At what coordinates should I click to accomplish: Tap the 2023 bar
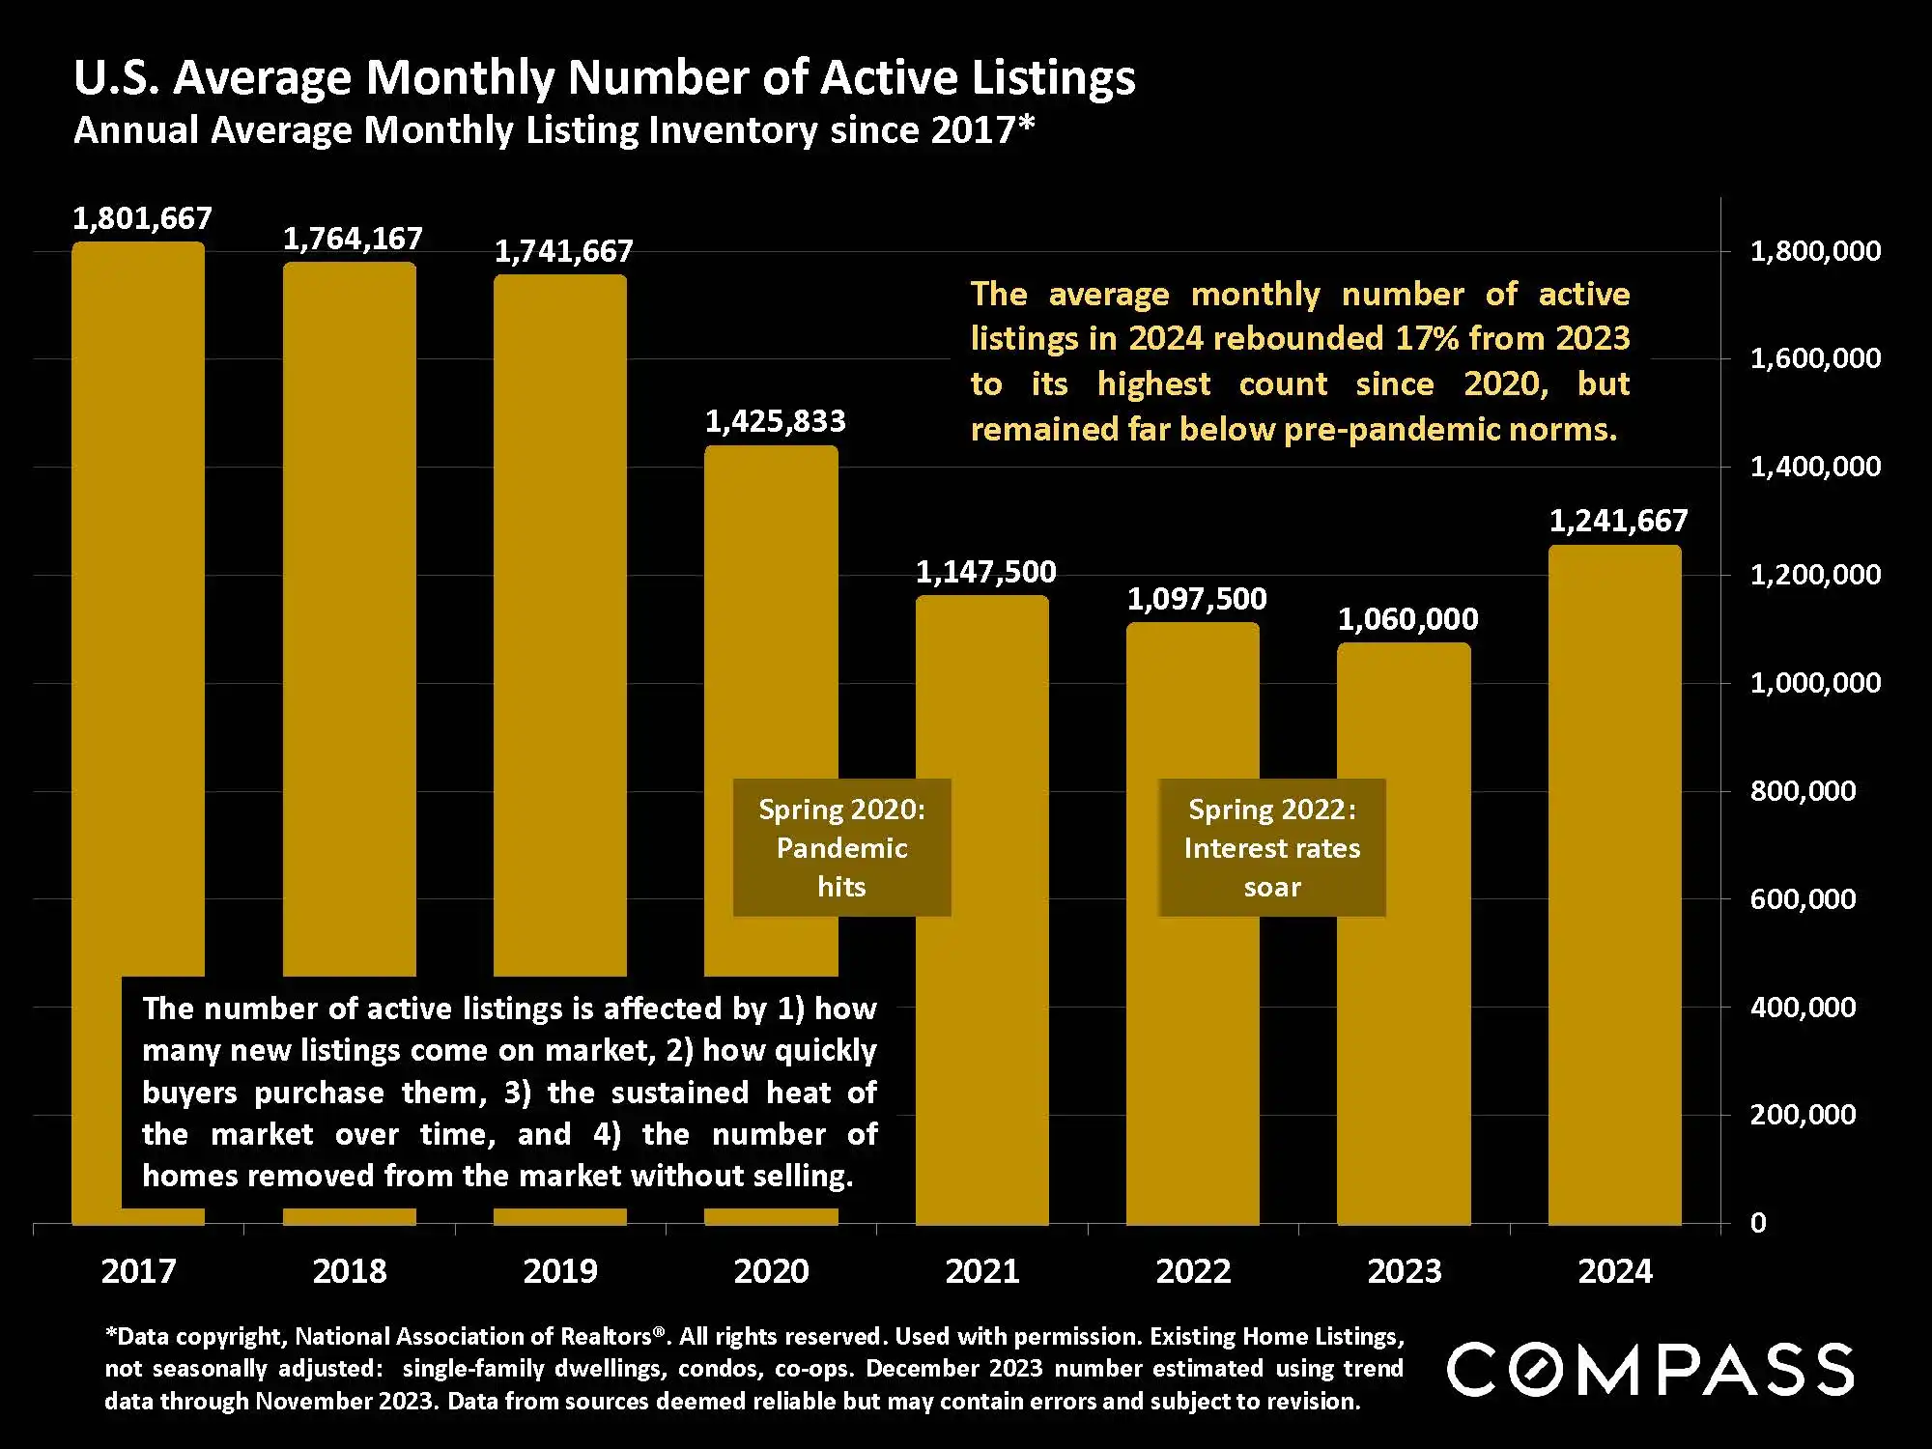click(1404, 966)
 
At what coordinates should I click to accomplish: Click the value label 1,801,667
click(142, 218)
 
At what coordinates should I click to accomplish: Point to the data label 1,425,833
click(775, 421)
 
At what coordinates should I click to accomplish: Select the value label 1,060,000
click(1407, 619)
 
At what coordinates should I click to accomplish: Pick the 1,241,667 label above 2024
click(1618, 521)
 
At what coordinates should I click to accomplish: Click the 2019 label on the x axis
click(560, 1270)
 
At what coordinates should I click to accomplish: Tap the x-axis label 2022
click(1193, 1270)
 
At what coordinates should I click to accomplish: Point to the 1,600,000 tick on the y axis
click(1815, 358)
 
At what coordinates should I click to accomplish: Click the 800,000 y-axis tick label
click(1803, 791)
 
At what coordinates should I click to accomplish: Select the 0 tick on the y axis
click(1758, 1223)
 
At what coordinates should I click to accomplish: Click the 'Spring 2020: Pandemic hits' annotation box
click(841, 847)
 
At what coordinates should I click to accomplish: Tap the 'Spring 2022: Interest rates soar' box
click(1271, 847)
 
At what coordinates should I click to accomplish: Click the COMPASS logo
click(1650, 1369)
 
